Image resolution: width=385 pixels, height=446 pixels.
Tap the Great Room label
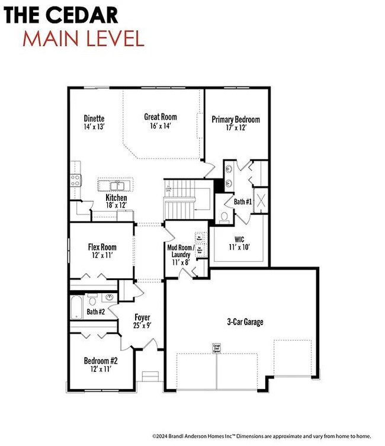161,117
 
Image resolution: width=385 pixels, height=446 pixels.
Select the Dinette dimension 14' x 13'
94,127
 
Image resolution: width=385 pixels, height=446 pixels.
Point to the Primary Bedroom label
236,119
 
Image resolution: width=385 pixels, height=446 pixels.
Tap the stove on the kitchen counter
76,179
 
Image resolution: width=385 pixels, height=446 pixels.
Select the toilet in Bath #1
224,216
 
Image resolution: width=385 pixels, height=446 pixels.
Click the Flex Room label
102,247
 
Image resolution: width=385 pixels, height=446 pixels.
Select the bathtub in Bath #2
76,308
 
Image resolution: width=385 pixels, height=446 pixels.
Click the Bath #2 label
95,312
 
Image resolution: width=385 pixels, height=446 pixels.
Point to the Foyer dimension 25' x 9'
142,326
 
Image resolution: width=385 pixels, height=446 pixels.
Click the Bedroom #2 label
100,360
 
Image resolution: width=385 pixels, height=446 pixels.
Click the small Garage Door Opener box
217,348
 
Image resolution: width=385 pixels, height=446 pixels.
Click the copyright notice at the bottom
261,436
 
